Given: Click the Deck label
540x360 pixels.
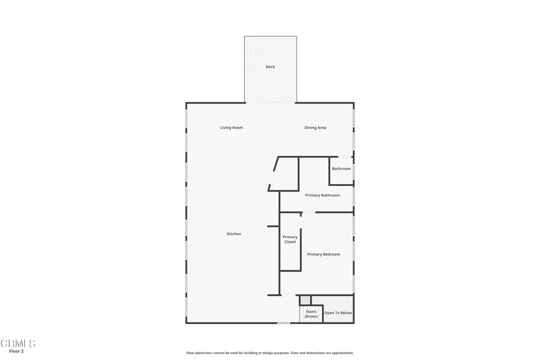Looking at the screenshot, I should (x=270, y=67).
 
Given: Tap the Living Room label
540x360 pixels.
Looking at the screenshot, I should (x=232, y=128).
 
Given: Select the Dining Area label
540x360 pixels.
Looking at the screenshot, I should (x=315, y=128).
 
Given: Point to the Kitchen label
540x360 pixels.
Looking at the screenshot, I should (x=234, y=234).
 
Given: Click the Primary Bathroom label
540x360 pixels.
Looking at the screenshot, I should (x=322, y=195).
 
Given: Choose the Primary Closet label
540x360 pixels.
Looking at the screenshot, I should (x=290, y=239).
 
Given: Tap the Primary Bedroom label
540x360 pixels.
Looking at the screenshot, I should (x=323, y=255).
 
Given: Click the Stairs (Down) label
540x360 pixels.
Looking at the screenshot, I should (x=311, y=314).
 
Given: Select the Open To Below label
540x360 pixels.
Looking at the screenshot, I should (x=337, y=313).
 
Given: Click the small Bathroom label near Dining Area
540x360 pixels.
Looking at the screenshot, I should (x=341, y=169).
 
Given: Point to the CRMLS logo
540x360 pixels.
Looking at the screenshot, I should (x=18, y=344).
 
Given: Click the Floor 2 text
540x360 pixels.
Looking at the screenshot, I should (x=16, y=351).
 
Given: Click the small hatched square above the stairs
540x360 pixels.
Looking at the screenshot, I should (x=305, y=300).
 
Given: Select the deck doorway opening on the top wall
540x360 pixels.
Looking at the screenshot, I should (x=271, y=103).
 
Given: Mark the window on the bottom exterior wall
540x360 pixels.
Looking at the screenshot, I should (x=284, y=323).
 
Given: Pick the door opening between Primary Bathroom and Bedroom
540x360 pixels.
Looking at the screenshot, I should (x=308, y=212).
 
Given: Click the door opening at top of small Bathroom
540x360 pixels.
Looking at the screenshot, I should (x=345, y=157).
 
